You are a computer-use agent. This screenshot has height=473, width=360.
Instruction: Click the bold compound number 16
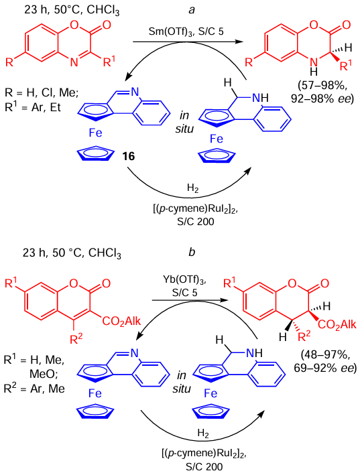tap(128, 156)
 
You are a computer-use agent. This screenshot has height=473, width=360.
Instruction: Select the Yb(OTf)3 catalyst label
tap(184, 280)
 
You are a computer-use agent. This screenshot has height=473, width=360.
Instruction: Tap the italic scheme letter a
tap(192, 9)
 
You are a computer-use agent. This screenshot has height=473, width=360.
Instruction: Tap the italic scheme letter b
tap(192, 252)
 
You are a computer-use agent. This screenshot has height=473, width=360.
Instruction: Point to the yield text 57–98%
tap(322, 86)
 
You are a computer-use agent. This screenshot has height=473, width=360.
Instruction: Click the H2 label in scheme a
tap(192, 188)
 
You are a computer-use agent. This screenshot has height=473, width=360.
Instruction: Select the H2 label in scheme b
tap(203, 433)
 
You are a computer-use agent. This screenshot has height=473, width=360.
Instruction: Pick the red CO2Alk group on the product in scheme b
tap(337, 325)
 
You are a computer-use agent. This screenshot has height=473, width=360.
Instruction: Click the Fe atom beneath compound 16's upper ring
tap(95, 133)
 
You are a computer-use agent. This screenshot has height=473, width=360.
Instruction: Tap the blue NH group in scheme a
tap(260, 97)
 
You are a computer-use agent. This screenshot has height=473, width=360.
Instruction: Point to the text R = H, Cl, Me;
tap(42, 92)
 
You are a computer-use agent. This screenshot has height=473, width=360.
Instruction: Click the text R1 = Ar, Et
tap(33, 107)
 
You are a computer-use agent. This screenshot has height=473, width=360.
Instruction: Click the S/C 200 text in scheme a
tap(196, 222)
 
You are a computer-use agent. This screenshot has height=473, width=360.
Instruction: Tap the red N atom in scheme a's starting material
tap(74, 62)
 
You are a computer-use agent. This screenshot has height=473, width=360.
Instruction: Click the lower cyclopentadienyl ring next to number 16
tap(96, 155)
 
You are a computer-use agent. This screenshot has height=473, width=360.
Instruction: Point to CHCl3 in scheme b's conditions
tap(105, 253)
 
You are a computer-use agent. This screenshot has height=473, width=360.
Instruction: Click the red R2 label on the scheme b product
tap(304, 336)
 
